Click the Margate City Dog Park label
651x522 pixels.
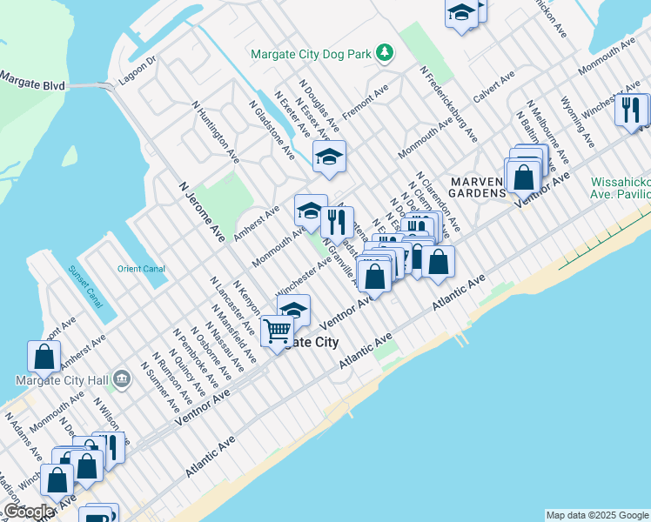311,54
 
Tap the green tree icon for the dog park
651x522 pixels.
384,54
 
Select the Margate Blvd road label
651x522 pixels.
32,77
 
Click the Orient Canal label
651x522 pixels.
141,269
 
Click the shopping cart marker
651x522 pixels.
277,331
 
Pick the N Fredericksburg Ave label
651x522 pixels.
448,104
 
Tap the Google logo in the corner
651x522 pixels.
29,512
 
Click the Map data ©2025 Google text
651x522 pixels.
596,515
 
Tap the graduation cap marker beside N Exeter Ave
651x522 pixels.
329,157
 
